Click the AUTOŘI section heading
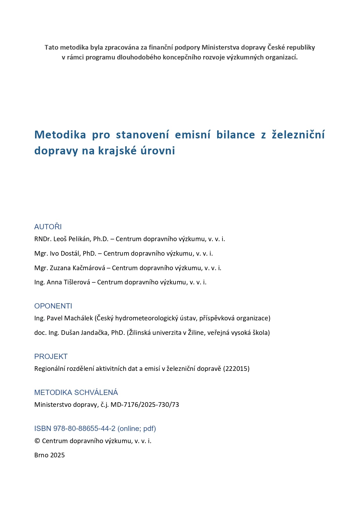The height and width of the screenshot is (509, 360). [48, 227]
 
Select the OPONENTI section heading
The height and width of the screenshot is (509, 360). [53, 306]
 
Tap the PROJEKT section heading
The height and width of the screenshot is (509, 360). [51, 356]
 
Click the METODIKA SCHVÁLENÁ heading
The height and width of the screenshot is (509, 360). [76, 392]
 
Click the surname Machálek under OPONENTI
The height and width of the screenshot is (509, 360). [78, 318]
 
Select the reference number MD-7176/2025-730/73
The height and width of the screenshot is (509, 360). [145, 405]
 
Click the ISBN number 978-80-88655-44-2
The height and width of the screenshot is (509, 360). [84, 429]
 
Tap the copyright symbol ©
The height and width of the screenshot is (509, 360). [37, 441]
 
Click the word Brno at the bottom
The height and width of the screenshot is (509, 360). [41, 455]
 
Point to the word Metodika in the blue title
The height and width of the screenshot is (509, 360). [60, 135]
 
